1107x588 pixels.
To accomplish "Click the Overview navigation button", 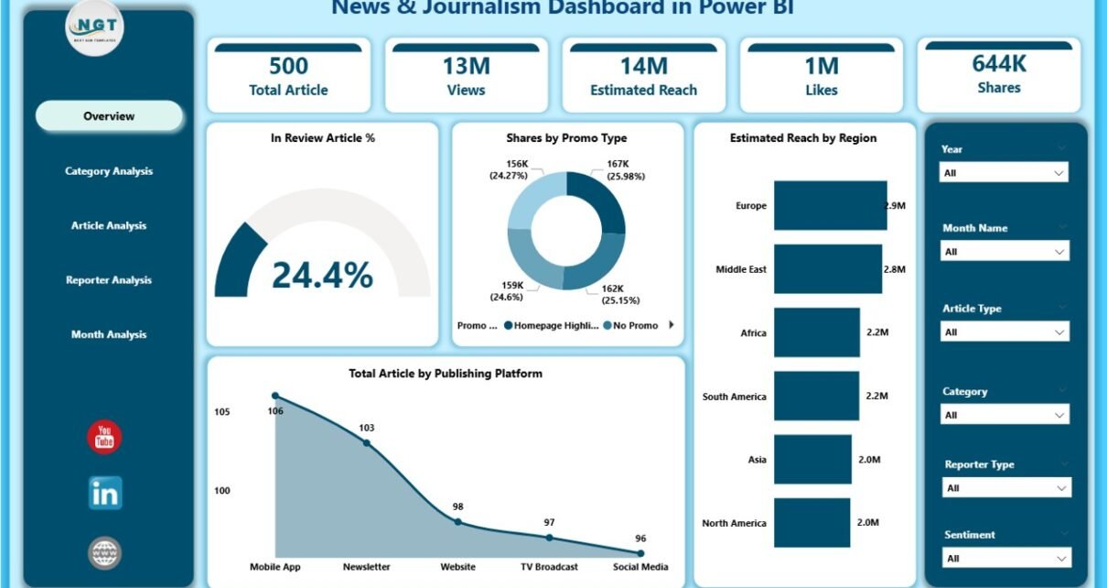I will click(x=109, y=116).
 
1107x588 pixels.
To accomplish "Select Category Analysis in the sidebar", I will click(x=109, y=171).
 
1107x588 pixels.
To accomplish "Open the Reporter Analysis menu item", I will click(x=109, y=280).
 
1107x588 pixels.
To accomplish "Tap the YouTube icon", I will click(x=104, y=437).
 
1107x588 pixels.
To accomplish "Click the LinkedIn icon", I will click(x=104, y=494).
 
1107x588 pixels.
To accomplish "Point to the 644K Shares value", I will click(x=998, y=63).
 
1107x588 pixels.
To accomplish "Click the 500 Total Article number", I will click(x=288, y=66).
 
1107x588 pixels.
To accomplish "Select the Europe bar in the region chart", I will click(x=830, y=205).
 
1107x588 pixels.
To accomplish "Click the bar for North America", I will click(x=811, y=523).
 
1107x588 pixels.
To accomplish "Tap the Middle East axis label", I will click(x=741, y=269).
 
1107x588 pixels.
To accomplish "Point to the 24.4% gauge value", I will click(x=322, y=274).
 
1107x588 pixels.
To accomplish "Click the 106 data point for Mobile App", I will click(x=275, y=397).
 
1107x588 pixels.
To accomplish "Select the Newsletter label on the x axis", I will click(x=366, y=567).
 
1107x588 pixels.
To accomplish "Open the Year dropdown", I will click(x=1005, y=172).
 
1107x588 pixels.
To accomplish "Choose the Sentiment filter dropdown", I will click(x=1005, y=558).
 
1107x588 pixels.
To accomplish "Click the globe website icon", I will click(x=104, y=553).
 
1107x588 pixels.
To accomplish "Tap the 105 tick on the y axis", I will click(x=222, y=412).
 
